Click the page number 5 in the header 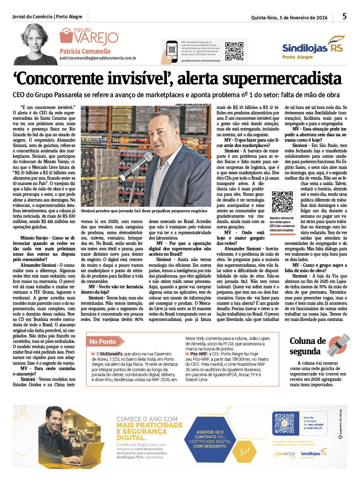tap(344, 16)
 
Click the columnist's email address tap(98, 58)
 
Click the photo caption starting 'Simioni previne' tap(144, 211)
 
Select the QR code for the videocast tap(282, 202)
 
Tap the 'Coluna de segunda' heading tap(307, 346)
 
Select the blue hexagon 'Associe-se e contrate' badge tap(210, 439)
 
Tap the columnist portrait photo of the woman tap(36, 45)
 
